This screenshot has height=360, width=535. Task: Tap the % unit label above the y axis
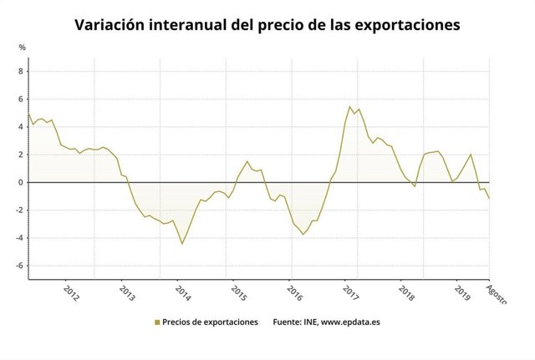(x=22, y=48)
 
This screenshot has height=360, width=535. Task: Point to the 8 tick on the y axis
(x=21, y=71)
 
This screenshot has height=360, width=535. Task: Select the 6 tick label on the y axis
(x=21, y=99)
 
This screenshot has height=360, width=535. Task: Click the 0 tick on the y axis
(x=21, y=182)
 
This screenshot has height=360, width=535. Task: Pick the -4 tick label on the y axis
(x=19, y=238)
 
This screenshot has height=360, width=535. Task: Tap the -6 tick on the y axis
(x=19, y=266)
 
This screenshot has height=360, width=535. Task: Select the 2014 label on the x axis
(x=182, y=294)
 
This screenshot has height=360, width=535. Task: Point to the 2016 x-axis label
(x=294, y=294)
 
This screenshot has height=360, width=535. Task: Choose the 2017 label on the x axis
(x=350, y=294)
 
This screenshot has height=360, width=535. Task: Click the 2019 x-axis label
(x=462, y=294)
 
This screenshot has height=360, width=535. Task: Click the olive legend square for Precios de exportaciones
(x=156, y=322)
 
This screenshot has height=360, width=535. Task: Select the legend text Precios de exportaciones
(x=210, y=322)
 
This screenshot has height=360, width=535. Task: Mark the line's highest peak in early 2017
(x=349, y=106)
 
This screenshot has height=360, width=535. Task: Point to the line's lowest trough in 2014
(x=182, y=244)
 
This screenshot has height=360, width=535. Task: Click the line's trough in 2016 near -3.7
(x=303, y=235)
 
